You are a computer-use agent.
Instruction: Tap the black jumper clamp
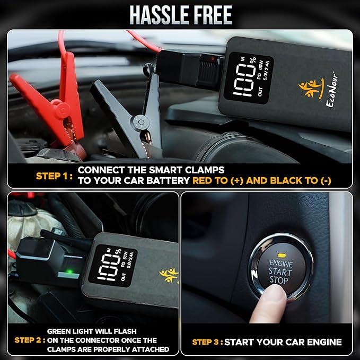(128, 112)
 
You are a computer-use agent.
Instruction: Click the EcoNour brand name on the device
(332, 90)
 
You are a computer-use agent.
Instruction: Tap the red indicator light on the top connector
(213, 59)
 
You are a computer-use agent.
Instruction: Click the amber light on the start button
(281, 255)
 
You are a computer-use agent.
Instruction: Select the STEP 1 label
(54, 176)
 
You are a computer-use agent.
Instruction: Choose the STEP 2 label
(30, 340)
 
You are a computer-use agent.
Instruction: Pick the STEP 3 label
(207, 342)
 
